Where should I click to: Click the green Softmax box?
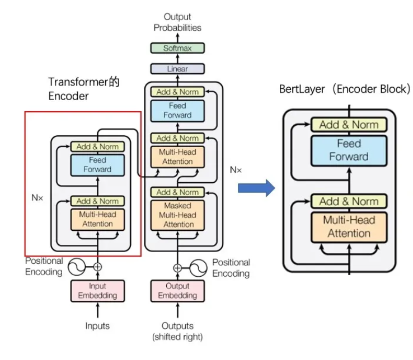[x=177, y=48]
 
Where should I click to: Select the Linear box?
[x=177, y=69]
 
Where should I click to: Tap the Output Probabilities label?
[x=177, y=22]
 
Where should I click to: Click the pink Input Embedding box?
[x=97, y=291]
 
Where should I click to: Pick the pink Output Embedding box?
[x=177, y=291]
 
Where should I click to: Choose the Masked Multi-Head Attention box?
[x=177, y=215]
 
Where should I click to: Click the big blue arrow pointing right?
[x=257, y=188]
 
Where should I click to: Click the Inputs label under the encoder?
[x=97, y=326]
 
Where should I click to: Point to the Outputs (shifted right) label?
[x=177, y=331]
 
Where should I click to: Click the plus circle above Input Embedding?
[x=97, y=267]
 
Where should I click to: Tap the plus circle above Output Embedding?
[x=177, y=267]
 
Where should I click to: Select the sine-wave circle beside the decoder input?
[x=199, y=267]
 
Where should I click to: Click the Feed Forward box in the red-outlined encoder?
[x=97, y=165]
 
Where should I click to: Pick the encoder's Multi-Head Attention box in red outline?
[x=97, y=219]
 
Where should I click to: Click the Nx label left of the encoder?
[x=37, y=197]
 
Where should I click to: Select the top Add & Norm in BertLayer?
[x=349, y=125]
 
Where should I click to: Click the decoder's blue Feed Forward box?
[x=177, y=111]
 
